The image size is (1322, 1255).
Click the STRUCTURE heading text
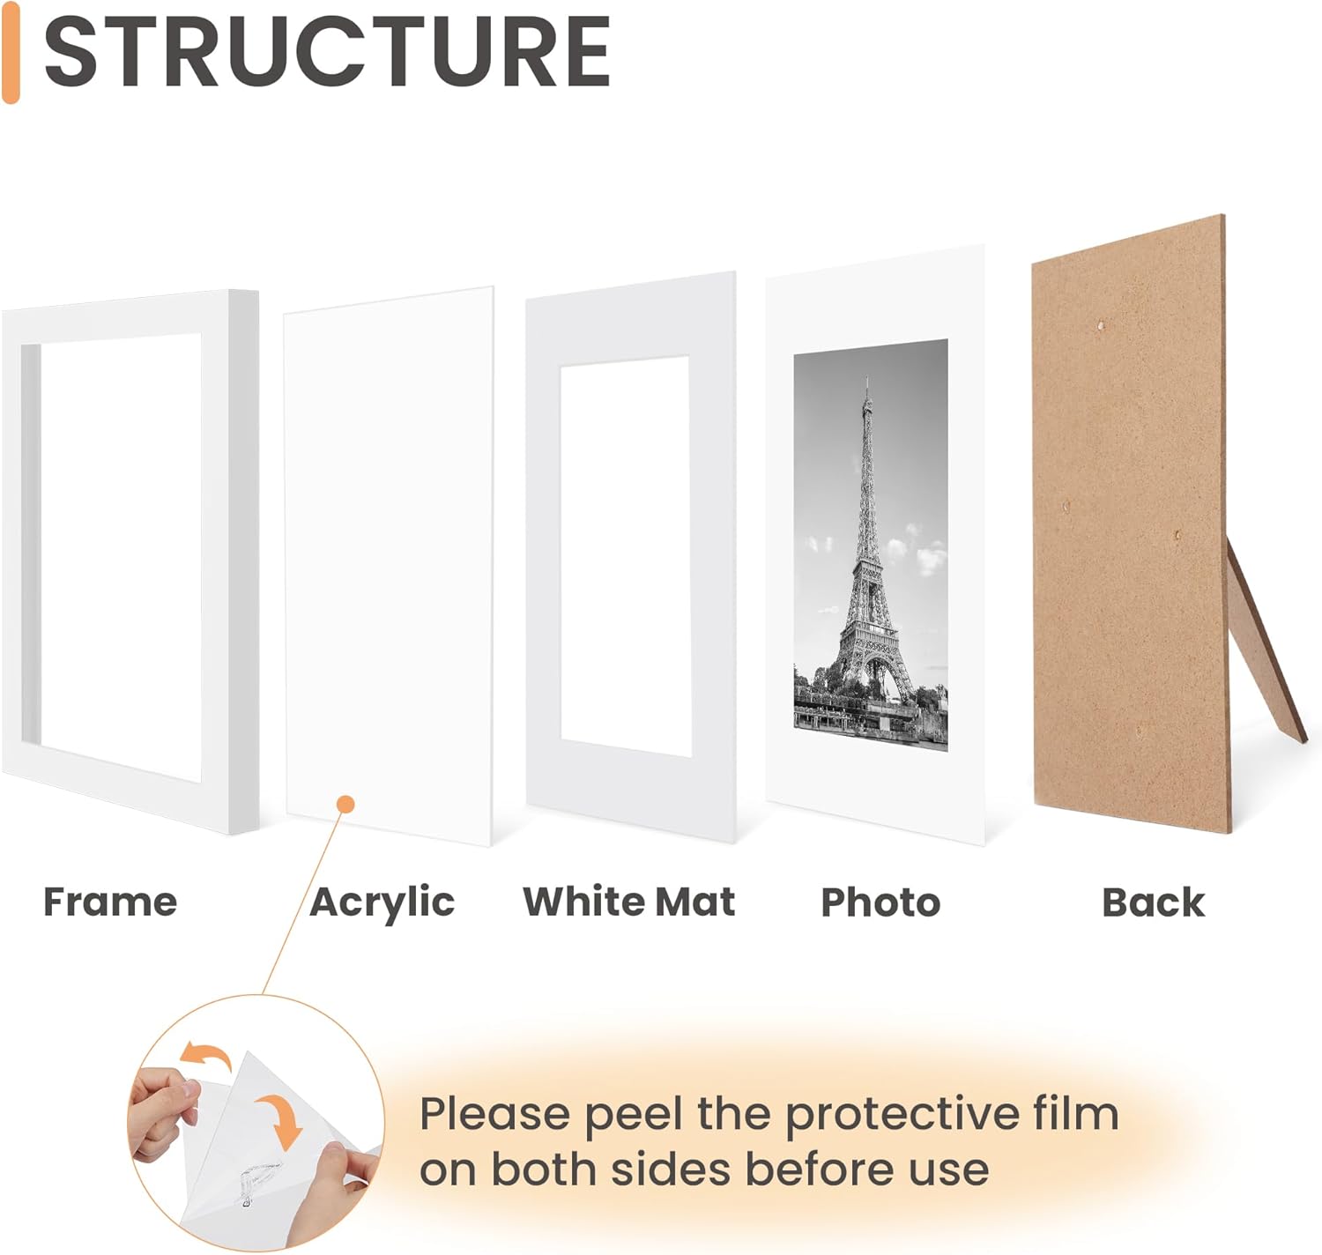(x=327, y=53)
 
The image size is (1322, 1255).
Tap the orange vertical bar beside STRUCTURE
(x=11, y=53)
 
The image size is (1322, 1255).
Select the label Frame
(x=110, y=902)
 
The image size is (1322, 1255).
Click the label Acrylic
(x=382, y=902)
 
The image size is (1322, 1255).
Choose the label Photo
(x=880, y=902)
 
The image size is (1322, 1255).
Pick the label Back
(x=1153, y=902)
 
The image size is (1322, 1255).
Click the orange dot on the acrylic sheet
(x=346, y=804)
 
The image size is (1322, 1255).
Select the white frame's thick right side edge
(x=246, y=564)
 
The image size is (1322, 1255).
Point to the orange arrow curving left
(x=205, y=1055)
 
